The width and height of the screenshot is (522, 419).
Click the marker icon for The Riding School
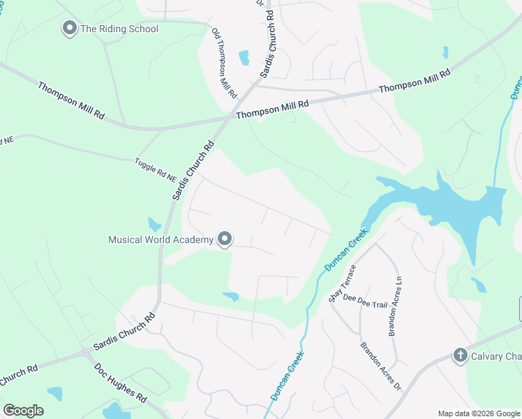69,29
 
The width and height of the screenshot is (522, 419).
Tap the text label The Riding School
119,29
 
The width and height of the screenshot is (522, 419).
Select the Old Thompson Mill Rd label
225,63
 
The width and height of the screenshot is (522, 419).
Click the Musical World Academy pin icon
225,240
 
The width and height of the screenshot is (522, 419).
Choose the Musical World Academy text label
161,240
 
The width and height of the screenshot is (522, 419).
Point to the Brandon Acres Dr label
381,365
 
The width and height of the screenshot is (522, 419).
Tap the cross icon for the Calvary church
459,355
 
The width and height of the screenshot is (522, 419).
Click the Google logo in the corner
23,411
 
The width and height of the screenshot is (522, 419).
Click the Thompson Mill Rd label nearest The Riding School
71,101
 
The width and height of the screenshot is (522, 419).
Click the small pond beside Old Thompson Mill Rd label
244,57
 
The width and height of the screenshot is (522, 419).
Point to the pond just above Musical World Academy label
154,225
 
